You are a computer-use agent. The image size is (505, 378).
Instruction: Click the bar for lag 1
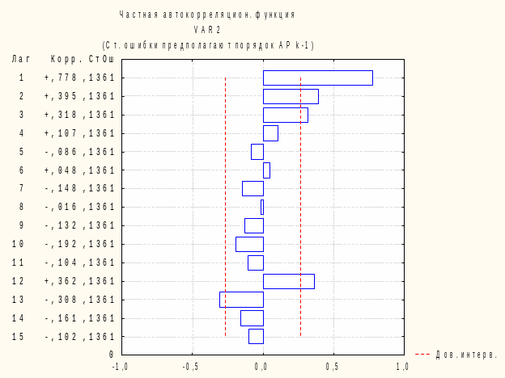(x=317, y=78)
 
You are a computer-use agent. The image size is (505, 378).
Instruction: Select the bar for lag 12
(x=288, y=281)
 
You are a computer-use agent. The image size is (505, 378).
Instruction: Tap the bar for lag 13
(x=241, y=300)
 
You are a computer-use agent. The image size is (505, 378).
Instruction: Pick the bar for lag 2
(x=291, y=96)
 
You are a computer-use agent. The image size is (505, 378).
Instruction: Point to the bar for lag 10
(x=249, y=244)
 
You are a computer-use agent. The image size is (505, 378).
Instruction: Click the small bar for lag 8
(x=261, y=207)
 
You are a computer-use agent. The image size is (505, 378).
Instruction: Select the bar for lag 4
(x=270, y=133)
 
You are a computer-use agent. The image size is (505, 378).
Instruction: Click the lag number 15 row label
(x=18, y=337)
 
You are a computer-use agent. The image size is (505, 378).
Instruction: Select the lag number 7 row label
(x=21, y=188)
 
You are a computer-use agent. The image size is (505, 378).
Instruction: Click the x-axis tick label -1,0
(x=120, y=366)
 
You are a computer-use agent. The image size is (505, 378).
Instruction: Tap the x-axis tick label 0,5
(x=332, y=366)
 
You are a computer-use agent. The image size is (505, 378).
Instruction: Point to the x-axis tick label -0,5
(x=191, y=366)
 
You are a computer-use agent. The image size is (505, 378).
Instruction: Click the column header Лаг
(x=21, y=59)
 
